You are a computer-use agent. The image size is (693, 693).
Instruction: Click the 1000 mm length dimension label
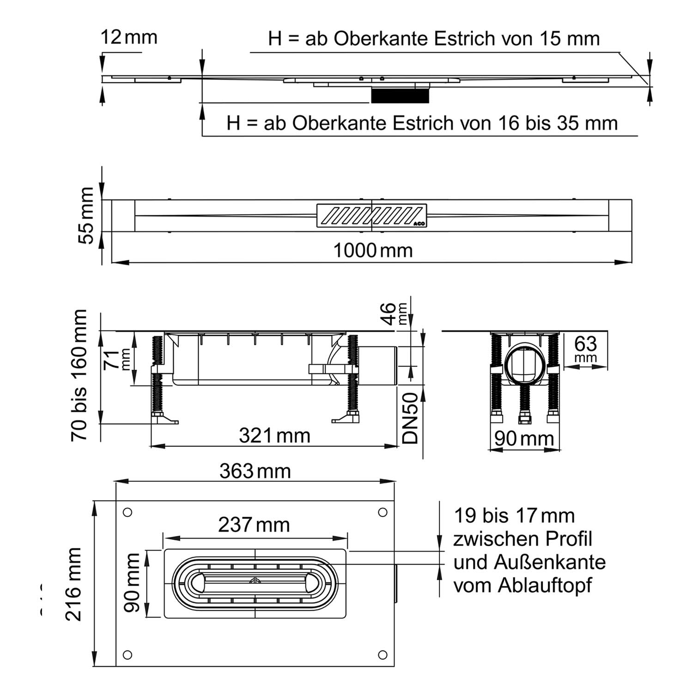(373, 251)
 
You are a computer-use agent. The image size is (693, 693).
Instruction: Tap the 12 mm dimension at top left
(129, 37)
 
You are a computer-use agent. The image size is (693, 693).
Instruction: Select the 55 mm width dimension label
(86, 216)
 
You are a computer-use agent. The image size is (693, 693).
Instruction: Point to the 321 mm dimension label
(274, 436)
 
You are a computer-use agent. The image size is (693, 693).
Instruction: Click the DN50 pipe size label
(410, 418)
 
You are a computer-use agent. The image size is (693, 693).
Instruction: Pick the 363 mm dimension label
(255, 471)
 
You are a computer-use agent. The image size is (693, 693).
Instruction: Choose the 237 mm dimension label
(254, 525)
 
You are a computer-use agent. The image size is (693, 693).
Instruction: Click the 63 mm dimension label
(585, 349)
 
